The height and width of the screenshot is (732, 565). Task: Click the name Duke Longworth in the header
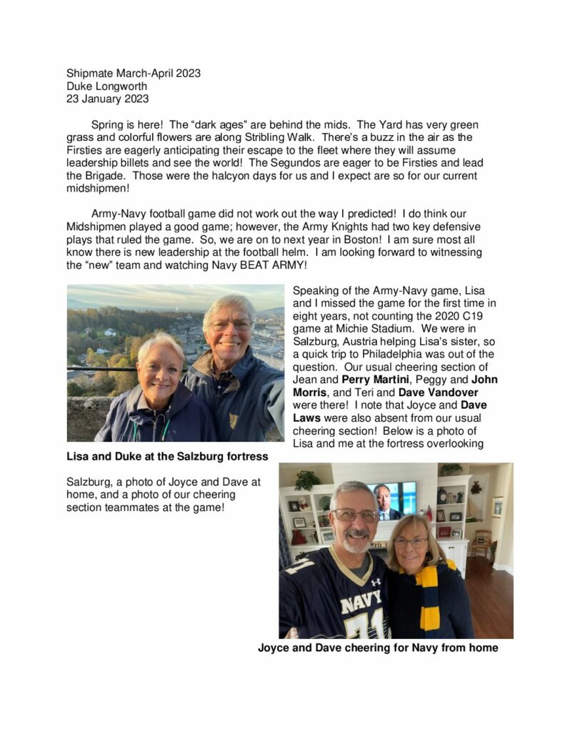106,86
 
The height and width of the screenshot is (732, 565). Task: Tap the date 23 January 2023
107,99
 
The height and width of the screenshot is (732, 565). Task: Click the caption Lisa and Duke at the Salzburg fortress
166,456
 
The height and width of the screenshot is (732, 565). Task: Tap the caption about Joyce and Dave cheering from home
377,648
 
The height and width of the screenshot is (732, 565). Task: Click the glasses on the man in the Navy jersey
356,515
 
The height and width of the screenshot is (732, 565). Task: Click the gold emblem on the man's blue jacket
234,419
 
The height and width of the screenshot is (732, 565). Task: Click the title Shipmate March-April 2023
134,73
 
